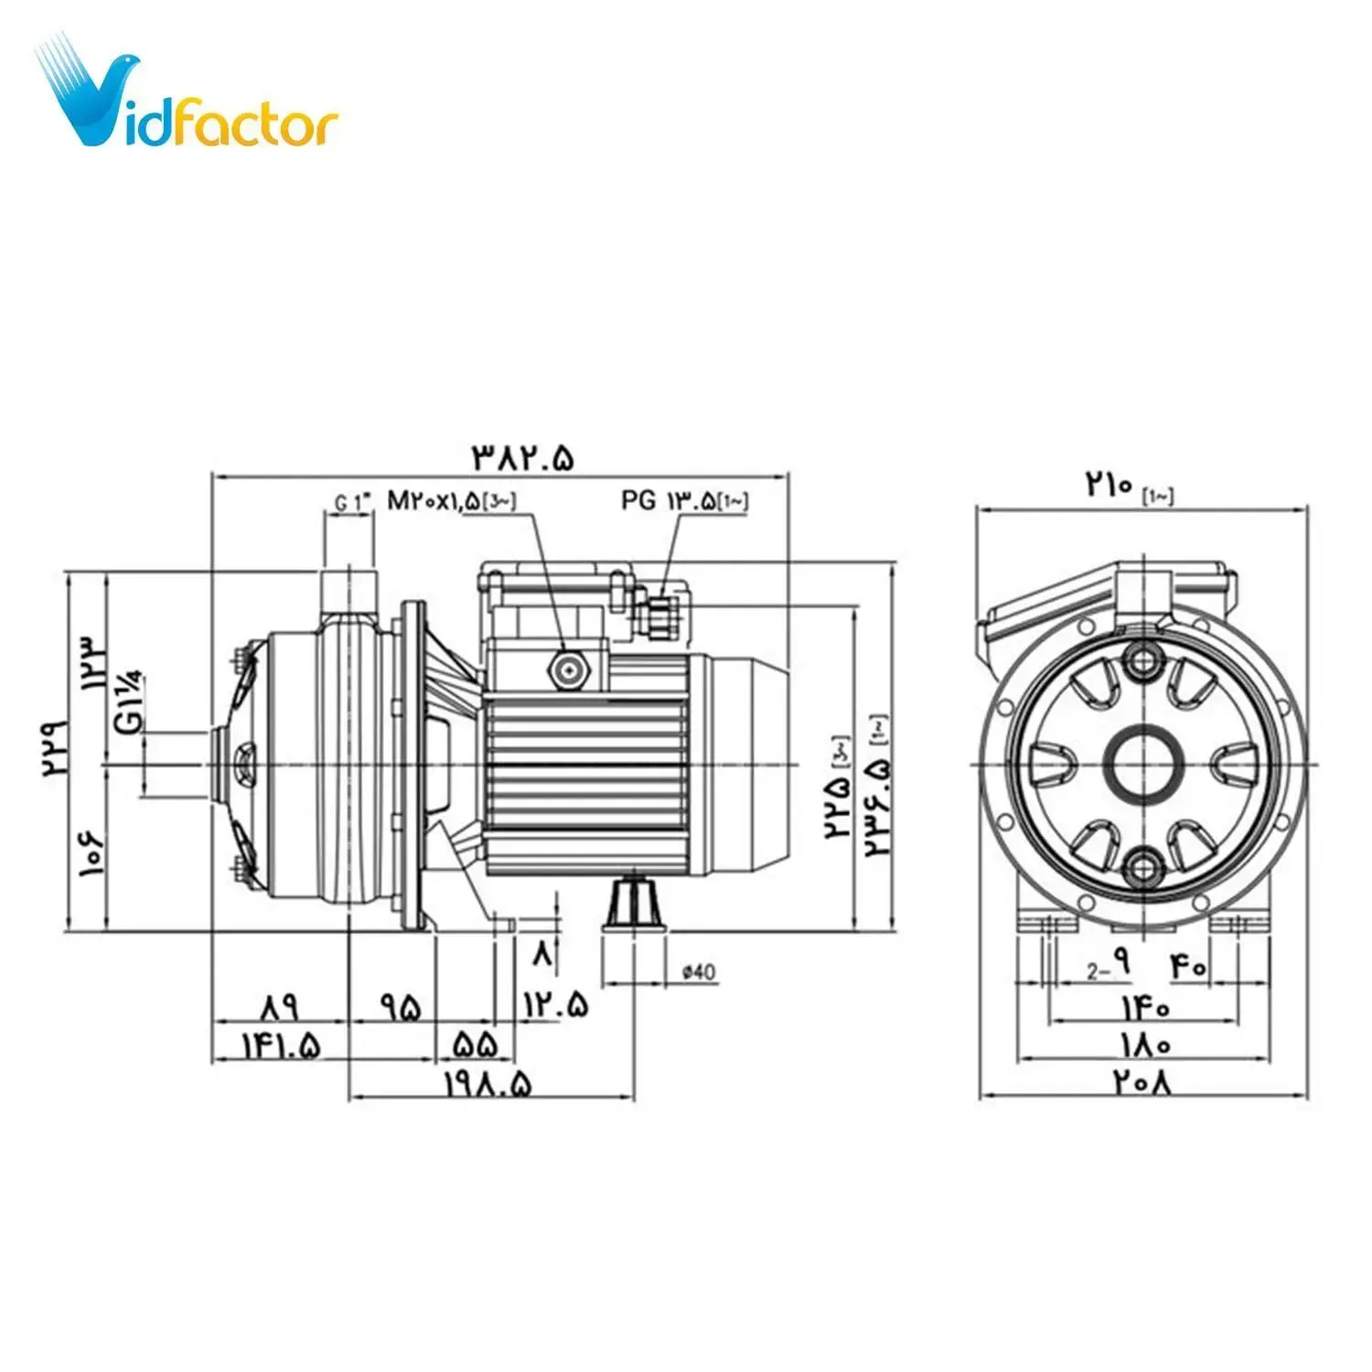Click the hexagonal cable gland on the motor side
click(569, 670)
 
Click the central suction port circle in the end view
click(1143, 763)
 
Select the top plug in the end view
click(1143, 659)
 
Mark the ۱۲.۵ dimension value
click(556, 1005)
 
